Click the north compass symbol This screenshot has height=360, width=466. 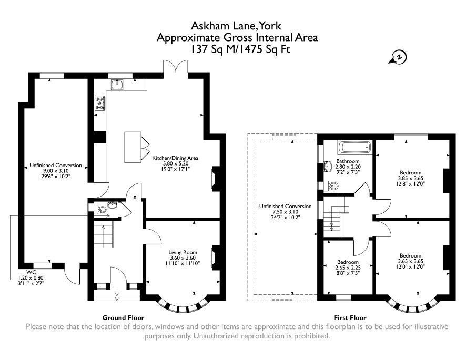coord(398,57)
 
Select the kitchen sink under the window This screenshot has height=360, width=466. coord(118,85)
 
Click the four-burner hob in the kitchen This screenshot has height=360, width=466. coord(100,103)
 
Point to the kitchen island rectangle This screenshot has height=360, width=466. coord(133,147)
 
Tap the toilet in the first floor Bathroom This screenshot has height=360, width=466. coord(331,186)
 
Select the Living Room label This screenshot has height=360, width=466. coord(183,252)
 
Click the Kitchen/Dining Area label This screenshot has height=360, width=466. coord(175,158)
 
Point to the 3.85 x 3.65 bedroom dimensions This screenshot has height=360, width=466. coord(410,178)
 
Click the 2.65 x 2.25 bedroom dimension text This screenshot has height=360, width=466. coord(348,268)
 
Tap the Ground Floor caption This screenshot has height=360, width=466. coord(123,318)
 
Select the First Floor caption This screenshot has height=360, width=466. coord(350,318)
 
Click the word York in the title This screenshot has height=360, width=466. coord(270,26)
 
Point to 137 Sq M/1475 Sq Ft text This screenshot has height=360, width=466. coord(240,49)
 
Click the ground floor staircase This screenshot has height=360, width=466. coord(104,236)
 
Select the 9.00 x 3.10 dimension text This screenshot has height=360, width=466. coord(56,171)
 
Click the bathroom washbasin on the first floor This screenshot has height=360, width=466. coord(328,167)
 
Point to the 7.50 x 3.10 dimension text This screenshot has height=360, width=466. coord(285,212)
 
